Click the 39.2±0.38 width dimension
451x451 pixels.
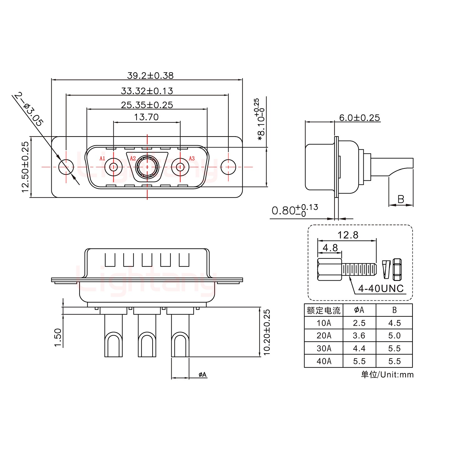point(150,75)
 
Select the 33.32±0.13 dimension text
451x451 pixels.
point(147,91)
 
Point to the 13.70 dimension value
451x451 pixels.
point(146,117)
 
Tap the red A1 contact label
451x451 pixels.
point(102,158)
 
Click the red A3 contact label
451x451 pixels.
point(192,158)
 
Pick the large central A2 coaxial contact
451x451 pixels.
point(147,167)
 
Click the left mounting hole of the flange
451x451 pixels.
point(66,167)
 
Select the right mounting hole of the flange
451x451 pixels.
point(228,167)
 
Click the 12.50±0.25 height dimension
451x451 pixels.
point(25,167)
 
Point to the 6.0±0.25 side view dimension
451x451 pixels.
point(359,118)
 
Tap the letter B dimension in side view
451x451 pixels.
point(401,199)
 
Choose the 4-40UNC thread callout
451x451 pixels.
point(381,288)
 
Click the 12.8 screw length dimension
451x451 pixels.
point(348,235)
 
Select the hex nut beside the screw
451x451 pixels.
point(397,269)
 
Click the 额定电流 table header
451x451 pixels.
point(324,310)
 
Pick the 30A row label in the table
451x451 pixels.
point(324,348)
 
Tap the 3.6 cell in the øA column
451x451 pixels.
point(359,336)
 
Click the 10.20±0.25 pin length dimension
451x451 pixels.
point(267,332)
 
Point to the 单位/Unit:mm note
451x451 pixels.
point(387,375)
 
